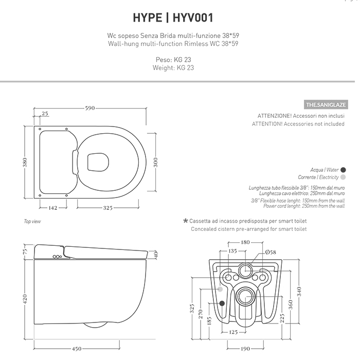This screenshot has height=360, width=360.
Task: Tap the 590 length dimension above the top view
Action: (89, 109)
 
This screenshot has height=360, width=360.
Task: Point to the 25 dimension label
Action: (45, 114)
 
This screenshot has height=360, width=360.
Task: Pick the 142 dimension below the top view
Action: (52, 208)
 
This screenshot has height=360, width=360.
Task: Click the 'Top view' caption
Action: (32, 222)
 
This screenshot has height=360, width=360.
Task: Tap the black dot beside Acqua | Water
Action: (343, 169)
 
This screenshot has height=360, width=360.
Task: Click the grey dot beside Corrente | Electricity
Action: (343, 177)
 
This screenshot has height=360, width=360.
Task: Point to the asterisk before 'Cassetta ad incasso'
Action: (186, 221)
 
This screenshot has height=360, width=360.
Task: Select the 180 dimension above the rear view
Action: (245, 242)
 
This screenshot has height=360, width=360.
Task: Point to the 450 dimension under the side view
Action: (76, 349)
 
